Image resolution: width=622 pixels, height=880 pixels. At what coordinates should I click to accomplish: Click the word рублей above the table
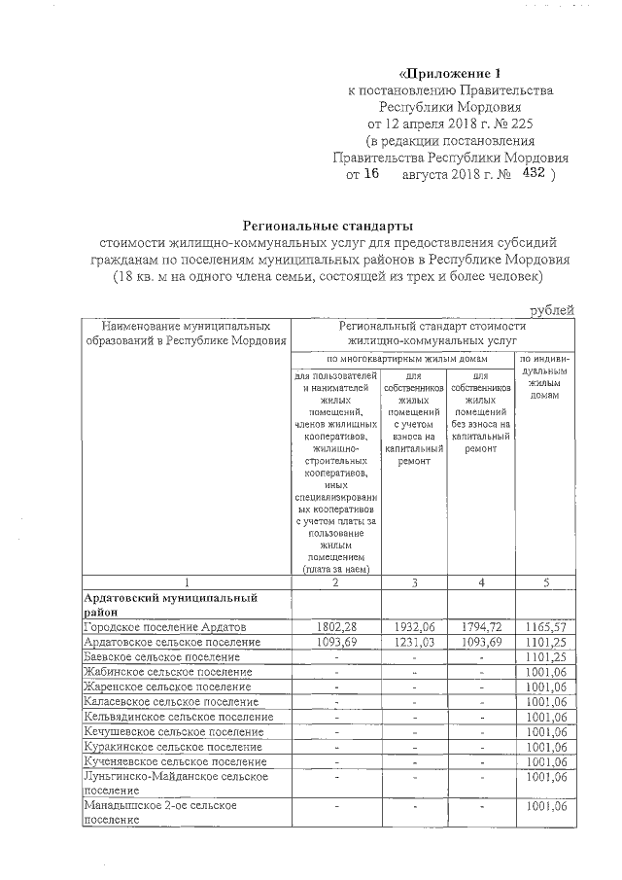coord(551,310)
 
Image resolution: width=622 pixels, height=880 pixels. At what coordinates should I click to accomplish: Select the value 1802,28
coord(335,627)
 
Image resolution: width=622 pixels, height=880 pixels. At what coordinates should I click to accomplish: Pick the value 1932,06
coord(414,627)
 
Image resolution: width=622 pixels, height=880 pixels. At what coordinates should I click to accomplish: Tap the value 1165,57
coord(545,627)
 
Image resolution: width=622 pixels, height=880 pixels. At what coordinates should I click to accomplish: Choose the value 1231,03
coord(414,643)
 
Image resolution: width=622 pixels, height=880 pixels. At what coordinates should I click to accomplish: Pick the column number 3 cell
coord(414,581)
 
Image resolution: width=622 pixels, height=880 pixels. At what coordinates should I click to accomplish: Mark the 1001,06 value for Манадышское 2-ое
coord(545,806)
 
